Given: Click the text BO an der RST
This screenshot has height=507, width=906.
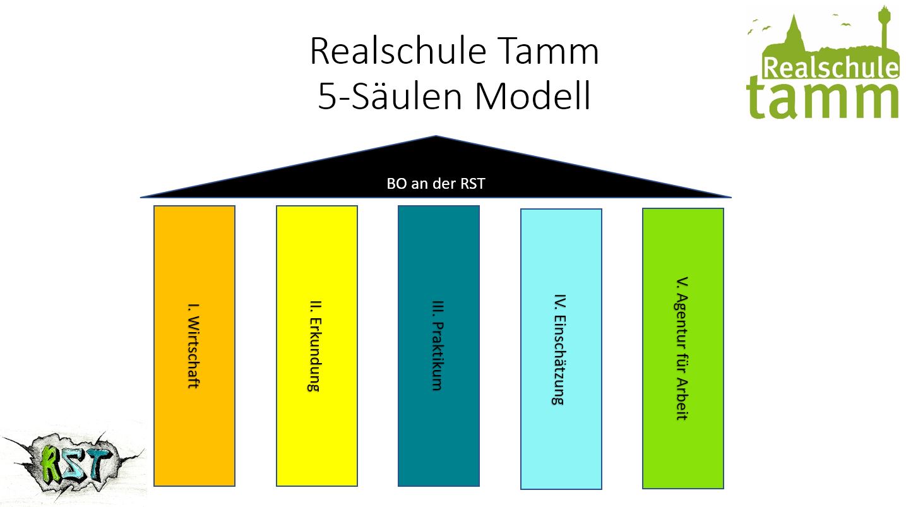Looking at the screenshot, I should pyautogui.click(x=436, y=184).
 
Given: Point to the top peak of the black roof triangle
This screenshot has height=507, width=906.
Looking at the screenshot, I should pyautogui.click(x=436, y=137).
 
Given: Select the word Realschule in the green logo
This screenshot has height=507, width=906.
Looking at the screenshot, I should pyautogui.click(x=830, y=68).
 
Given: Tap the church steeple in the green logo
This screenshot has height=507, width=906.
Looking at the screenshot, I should pyautogui.click(x=794, y=28).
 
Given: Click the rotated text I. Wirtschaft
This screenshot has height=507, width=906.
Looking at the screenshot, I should pyautogui.click(x=194, y=346).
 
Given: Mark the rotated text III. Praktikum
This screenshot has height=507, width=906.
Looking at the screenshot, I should pyautogui.click(x=438, y=345).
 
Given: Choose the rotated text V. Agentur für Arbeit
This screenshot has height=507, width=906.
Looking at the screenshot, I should pyautogui.click(x=682, y=349).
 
